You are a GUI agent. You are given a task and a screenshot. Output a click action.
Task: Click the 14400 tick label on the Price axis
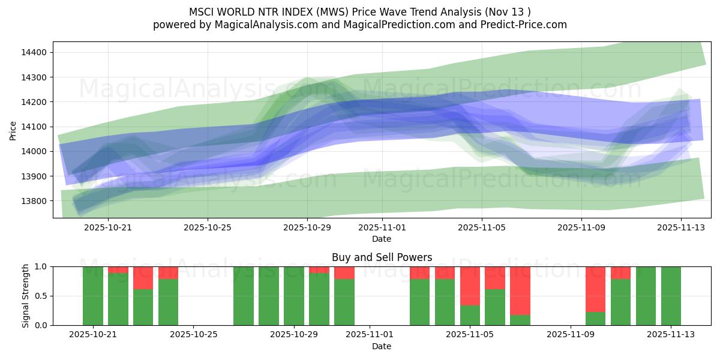point(34,53)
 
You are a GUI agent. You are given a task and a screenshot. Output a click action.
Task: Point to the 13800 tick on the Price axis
point(34,201)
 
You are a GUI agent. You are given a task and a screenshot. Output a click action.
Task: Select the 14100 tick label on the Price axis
point(34,127)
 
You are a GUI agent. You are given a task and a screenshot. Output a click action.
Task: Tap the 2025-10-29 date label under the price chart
point(307,228)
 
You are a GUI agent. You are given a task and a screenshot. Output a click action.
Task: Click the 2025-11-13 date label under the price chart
point(680,228)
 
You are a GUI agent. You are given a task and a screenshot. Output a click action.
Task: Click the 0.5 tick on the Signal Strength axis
point(42,296)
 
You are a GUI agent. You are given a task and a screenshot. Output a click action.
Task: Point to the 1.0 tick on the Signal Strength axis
point(42,266)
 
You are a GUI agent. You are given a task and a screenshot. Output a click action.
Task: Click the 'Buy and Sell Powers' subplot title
point(382,257)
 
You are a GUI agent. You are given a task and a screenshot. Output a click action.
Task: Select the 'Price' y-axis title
point(13,130)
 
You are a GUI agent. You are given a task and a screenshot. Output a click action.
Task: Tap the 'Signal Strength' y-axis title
point(25,296)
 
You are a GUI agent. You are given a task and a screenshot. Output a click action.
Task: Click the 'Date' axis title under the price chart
point(382,239)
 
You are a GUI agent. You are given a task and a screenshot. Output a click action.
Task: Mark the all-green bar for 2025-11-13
point(671,296)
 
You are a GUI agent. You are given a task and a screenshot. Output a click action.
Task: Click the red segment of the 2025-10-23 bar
point(143,278)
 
